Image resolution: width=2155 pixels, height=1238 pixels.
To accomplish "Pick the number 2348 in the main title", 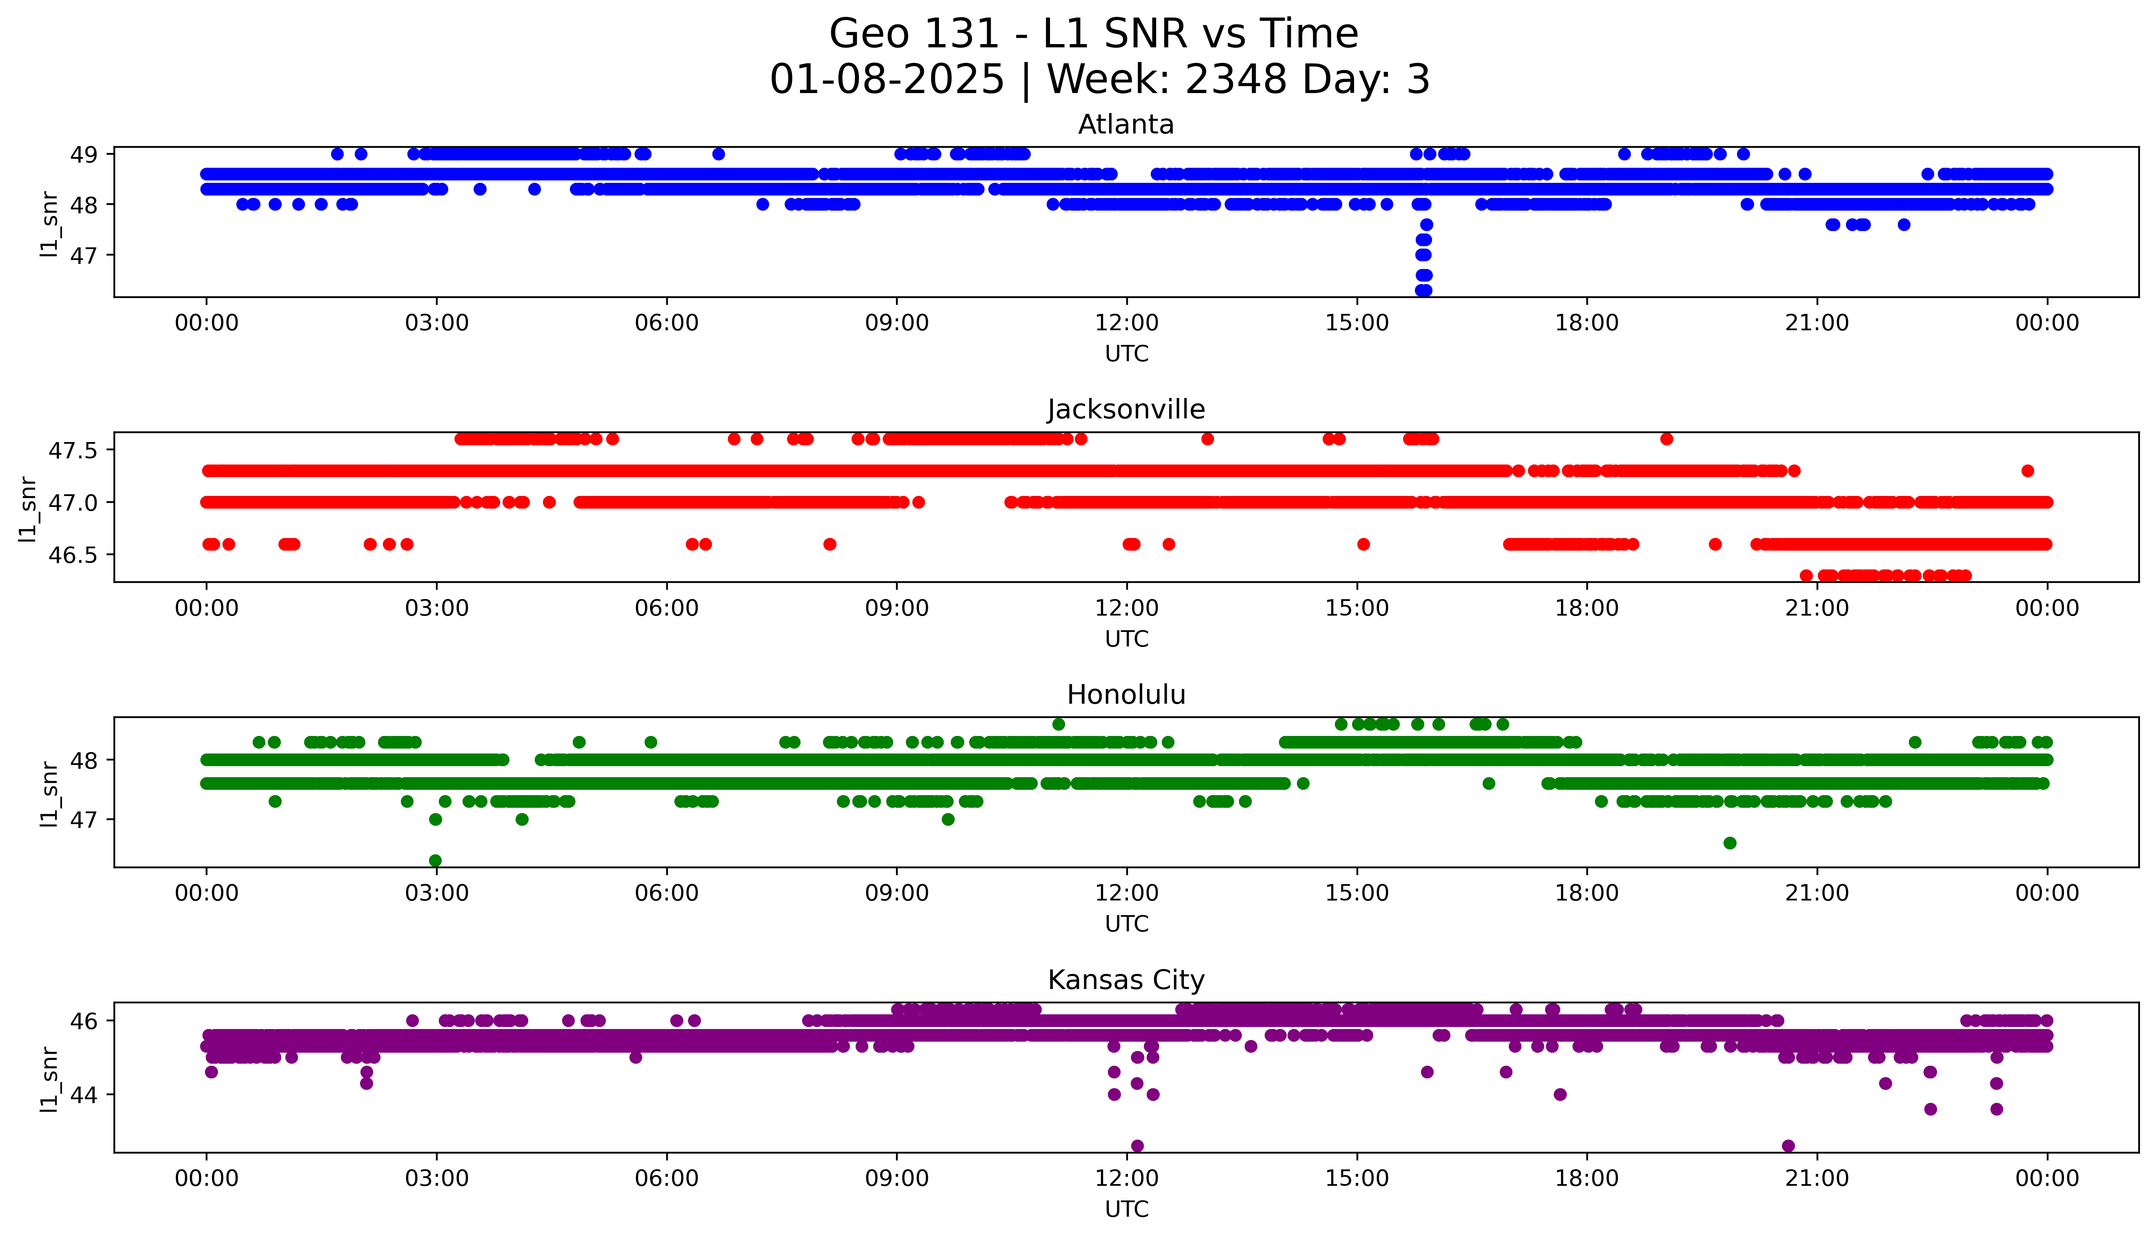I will (x=1236, y=80).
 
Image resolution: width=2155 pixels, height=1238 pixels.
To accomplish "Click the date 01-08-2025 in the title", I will (x=887, y=80).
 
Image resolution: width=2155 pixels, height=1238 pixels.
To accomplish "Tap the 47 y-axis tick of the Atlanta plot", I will (x=83, y=255).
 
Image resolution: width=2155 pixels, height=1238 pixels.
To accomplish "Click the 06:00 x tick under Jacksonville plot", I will (x=667, y=608).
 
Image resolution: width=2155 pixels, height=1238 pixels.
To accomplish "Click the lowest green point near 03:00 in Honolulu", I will (x=435, y=860).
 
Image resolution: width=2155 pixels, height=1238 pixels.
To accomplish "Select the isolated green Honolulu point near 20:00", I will (x=1729, y=842).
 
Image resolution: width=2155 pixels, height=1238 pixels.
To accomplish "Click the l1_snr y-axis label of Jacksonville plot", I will (x=28, y=508).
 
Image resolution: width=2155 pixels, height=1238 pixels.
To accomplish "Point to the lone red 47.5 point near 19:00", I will (x=1666, y=439).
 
